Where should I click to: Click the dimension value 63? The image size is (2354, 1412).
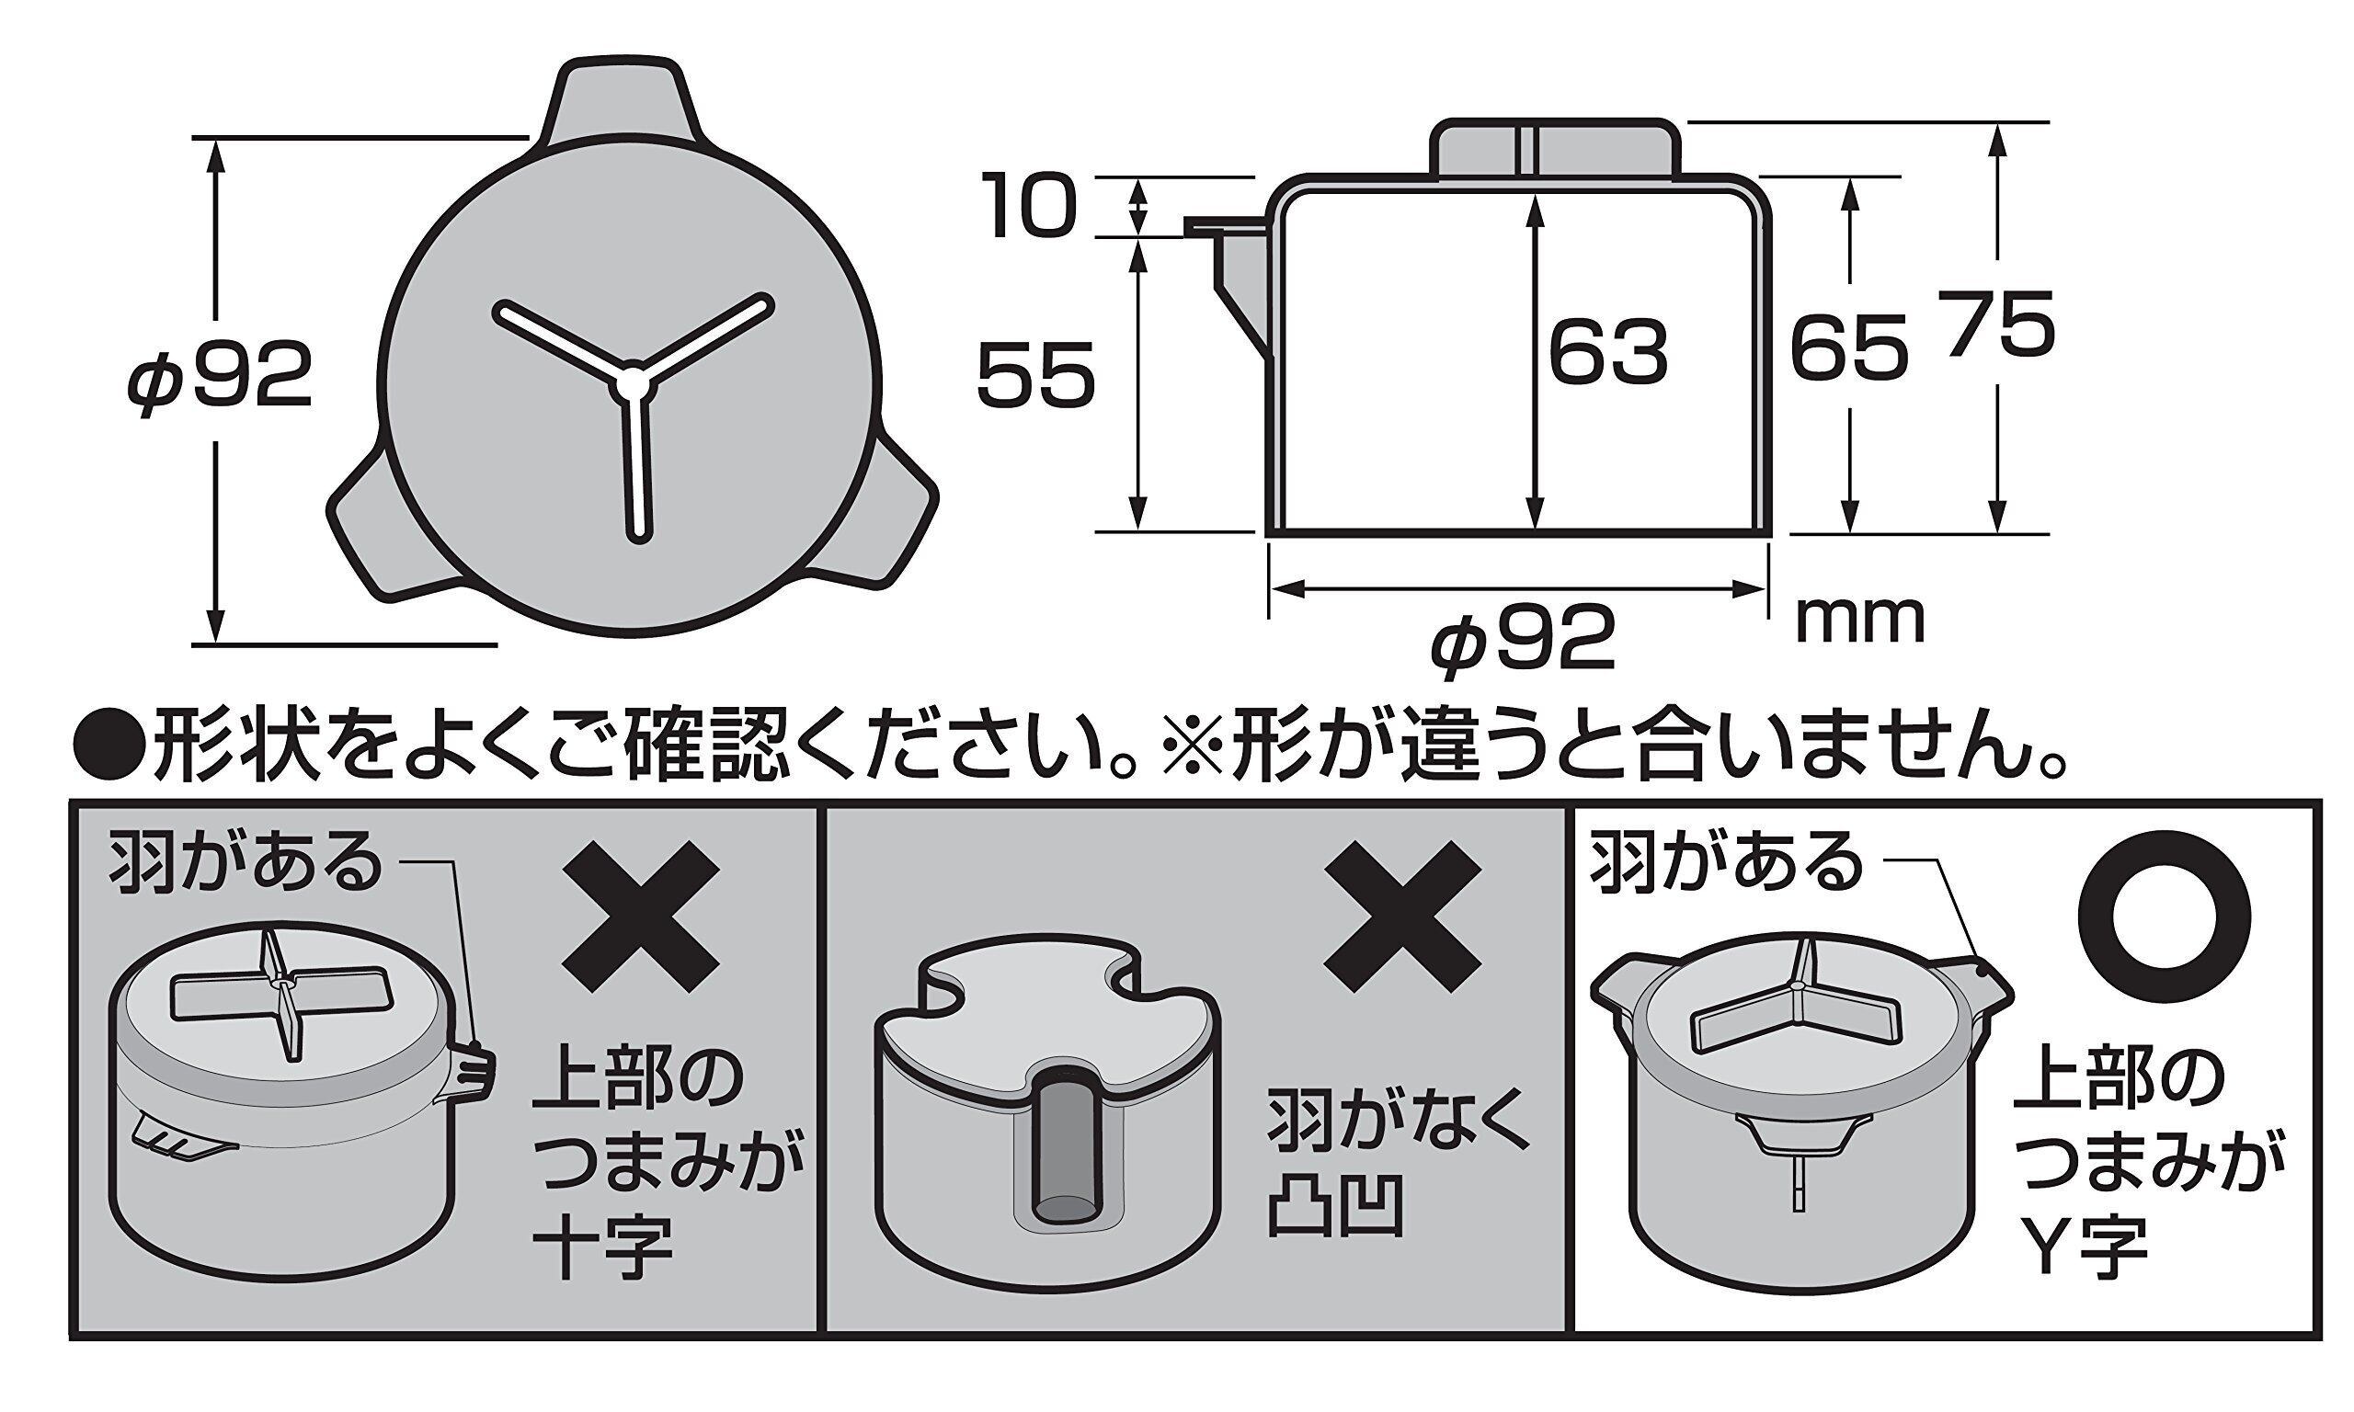(1608, 352)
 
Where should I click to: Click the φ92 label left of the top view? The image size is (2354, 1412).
(220, 375)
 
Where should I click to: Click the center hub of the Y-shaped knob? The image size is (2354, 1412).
(634, 379)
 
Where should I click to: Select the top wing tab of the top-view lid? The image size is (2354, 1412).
(619, 105)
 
